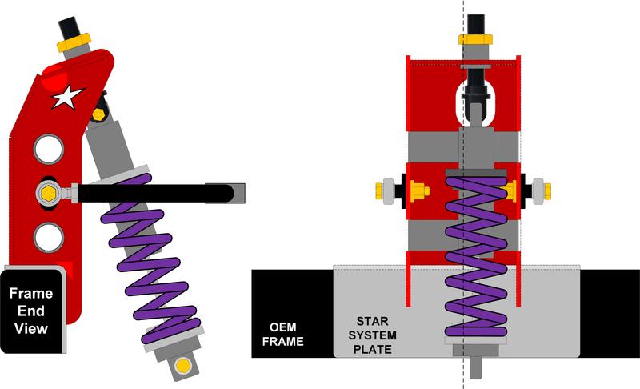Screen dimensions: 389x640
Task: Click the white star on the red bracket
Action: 67,98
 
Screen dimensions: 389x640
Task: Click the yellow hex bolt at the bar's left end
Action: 47,192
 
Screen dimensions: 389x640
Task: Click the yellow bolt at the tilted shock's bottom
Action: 182,366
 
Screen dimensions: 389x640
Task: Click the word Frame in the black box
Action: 30,293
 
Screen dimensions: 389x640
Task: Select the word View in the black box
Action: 31,328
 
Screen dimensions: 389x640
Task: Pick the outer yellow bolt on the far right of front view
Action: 547,190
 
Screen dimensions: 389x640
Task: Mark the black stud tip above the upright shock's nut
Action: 475,22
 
